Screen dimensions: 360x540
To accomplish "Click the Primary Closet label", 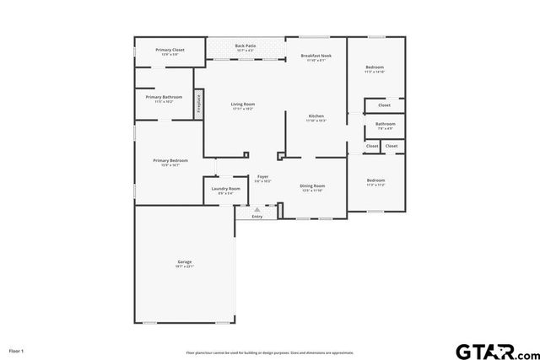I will (x=170, y=51).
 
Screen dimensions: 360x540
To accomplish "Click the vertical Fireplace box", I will (x=199, y=103).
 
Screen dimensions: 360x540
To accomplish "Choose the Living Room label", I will (x=243, y=105).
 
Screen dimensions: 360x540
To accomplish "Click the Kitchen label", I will (x=316, y=116).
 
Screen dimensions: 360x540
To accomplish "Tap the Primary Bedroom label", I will (x=170, y=161).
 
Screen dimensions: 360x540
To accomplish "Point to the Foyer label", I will (x=262, y=177).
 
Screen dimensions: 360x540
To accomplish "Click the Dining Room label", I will (x=312, y=186).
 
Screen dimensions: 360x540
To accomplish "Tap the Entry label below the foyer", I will (x=257, y=217).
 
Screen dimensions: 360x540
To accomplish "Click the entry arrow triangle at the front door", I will (x=257, y=209).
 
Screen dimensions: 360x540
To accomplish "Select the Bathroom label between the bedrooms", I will (x=385, y=125).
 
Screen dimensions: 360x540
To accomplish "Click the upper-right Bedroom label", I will (x=375, y=67).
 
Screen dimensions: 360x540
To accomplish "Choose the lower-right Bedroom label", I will (x=375, y=180).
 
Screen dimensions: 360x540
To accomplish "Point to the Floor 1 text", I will (x=17, y=350).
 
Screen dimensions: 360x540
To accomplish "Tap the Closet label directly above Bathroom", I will (x=384, y=105).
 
